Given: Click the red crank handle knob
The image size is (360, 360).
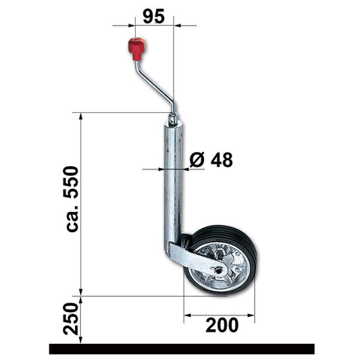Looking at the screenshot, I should click(136, 48).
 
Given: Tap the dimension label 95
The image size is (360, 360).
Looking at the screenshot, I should click(154, 16).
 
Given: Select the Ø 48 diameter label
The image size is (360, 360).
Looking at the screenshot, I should click(211, 160).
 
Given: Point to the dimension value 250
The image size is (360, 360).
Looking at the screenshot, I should click(72, 319).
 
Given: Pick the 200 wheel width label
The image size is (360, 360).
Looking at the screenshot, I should click(220, 326).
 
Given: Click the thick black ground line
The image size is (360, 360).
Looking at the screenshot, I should click(181, 349).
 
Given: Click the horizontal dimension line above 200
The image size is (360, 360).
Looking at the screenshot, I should click(219, 314).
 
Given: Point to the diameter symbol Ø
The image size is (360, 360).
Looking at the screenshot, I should click(196, 160).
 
